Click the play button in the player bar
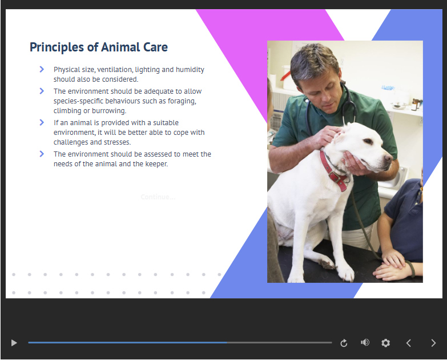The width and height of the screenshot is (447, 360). [x=14, y=343]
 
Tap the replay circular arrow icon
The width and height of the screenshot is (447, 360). [x=344, y=343]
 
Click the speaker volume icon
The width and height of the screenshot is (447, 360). [x=365, y=342]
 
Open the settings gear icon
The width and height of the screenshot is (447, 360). [x=386, y=343]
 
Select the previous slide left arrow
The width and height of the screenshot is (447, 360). [x=409, y=343]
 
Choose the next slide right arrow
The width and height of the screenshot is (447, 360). [x=433, y=343]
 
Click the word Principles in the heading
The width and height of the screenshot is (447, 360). [x=57, y=47]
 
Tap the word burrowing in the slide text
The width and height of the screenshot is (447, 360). [x=109, y=111]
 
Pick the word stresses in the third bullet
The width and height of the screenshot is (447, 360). [x=117, y=142]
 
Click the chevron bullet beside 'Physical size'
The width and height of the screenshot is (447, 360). [x=42, y=69]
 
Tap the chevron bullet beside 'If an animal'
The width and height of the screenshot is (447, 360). [x=42, y=122]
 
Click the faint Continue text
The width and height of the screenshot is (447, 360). [x=158, y=197]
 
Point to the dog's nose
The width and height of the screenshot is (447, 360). [x=389, y=158]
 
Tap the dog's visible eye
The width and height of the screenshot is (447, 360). [x=368, y=141]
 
